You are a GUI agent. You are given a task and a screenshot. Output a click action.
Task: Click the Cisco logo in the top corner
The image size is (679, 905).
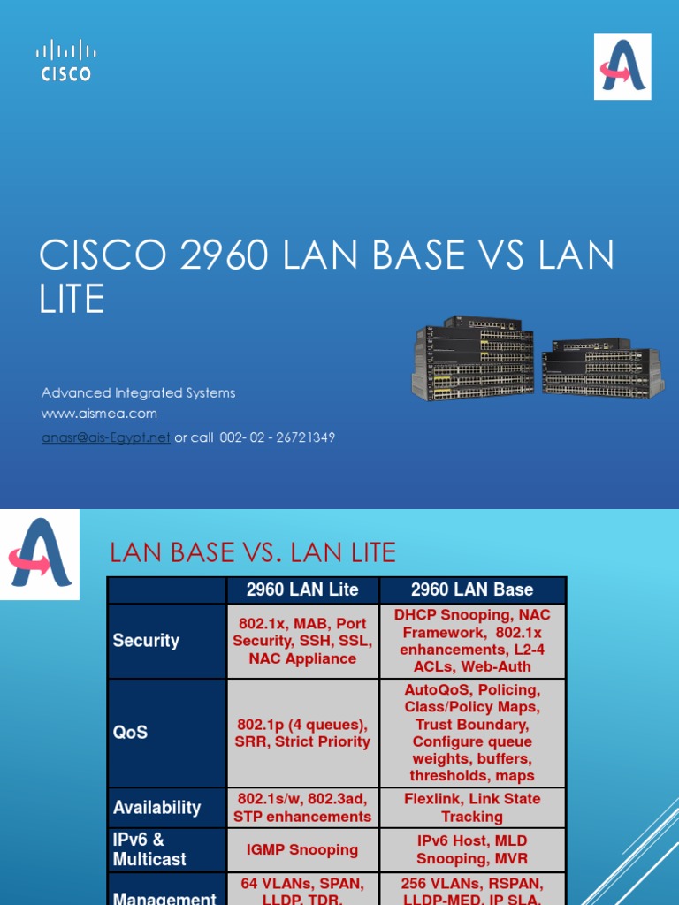65,60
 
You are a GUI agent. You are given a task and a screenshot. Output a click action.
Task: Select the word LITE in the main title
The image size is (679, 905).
72,299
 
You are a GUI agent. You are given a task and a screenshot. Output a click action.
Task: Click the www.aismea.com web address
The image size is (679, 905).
99,414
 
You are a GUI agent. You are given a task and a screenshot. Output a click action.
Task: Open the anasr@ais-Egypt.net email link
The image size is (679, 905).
105,437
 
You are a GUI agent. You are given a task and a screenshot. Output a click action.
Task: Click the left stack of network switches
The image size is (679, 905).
473,358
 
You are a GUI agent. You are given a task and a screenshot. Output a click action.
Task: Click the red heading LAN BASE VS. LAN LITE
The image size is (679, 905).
252,553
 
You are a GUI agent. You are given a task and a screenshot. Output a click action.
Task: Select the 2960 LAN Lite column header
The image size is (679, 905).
302,589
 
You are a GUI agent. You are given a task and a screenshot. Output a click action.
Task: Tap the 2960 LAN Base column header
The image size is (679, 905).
472,589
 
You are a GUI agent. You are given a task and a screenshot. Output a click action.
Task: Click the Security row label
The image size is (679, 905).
146,641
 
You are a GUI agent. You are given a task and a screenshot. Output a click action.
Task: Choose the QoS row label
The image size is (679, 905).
130,733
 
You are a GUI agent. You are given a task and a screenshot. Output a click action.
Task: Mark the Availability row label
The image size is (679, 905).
156,807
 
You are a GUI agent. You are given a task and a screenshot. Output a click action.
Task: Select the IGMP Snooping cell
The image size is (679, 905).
302,849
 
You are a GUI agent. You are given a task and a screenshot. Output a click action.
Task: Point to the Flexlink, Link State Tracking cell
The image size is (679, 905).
472,807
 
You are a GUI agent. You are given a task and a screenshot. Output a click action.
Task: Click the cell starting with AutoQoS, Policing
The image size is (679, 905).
472,733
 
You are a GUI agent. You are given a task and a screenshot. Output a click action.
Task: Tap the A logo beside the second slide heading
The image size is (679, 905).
40,553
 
